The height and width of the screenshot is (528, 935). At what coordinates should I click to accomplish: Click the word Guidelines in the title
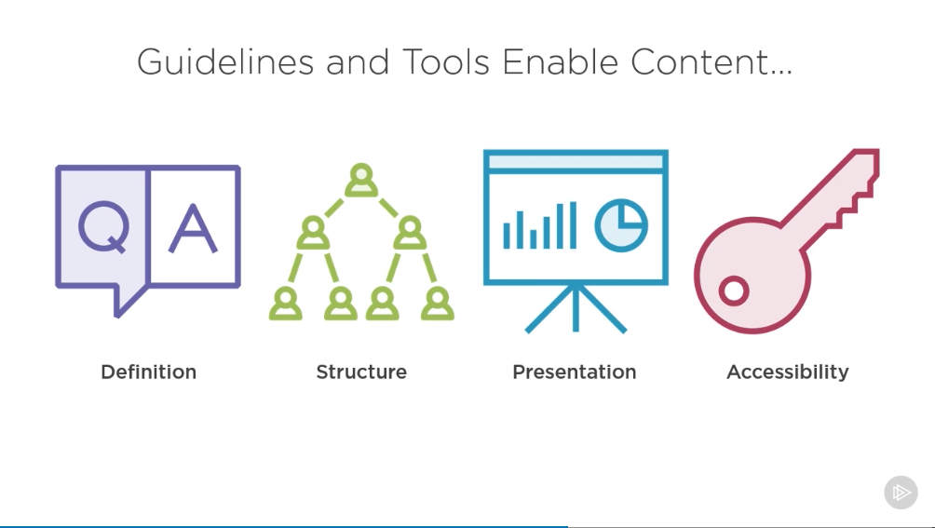click(x=225, y=62)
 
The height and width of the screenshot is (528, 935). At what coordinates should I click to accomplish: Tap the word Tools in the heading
click(x=446, y=62)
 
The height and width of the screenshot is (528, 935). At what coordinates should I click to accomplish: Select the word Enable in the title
click(x=561, y=62)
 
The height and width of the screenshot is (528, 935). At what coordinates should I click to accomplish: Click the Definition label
click(x=148, y=372)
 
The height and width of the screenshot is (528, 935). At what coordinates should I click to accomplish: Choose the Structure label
click(x=361, y=372)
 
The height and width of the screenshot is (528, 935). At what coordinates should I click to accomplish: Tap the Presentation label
click(x=575, y=372)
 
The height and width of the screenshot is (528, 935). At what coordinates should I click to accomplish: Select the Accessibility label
click(x=788, y=372)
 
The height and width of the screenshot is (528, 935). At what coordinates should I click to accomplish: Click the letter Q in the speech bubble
click(x=103, y=227)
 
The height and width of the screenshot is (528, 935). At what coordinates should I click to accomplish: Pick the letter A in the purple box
click(x=193, y=229)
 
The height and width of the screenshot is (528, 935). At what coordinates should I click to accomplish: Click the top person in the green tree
click(x=361, y=180)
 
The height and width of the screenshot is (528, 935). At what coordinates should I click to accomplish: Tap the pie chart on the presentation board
click(x=621, y=225)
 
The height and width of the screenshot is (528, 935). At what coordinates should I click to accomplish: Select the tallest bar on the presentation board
click(x=573, y=224)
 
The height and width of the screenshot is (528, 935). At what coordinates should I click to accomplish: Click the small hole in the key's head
click(x=734, y=291)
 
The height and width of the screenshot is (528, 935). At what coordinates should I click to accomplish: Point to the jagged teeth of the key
click(x=854, y=203)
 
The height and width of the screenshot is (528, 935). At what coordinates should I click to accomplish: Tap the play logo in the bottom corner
click(x=901, y=493)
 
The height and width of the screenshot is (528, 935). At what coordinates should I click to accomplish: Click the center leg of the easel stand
click(x=576, y=308)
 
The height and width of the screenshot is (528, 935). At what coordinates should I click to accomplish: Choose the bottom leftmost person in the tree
click(x=286, y=304)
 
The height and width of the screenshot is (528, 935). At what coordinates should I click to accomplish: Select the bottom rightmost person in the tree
click(x=438, y=304)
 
